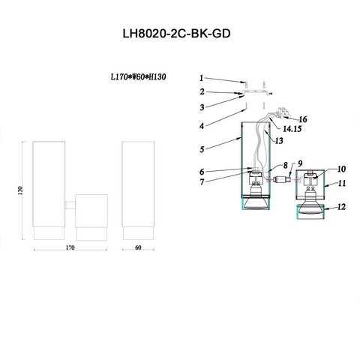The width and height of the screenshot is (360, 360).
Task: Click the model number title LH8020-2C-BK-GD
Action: (176, 34)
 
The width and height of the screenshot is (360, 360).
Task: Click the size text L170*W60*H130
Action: (138, 76)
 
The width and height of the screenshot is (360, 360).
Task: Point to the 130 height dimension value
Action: (20, 190)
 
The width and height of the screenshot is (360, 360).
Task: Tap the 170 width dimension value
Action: (70, 247)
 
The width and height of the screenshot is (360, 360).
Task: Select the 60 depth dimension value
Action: (138, 247)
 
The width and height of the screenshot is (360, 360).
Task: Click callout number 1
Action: (202, 78)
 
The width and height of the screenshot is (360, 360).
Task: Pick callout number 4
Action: (202, 126)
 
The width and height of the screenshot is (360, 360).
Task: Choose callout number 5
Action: (202, 149)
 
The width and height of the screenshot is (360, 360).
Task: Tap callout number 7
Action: (202, 182)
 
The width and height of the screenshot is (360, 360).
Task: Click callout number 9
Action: (300, 163)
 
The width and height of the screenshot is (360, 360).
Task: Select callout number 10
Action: (341, 169)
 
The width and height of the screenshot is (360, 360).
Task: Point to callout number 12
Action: (341, 207)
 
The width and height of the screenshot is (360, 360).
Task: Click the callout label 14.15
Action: (292, 129)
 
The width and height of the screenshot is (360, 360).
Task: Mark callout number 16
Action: (303, 119)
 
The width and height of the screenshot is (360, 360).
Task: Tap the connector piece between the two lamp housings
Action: (281, 179)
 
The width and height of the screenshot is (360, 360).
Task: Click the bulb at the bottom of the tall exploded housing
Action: (256, 202)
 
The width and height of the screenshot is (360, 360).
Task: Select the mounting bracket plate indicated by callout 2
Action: (255, 92)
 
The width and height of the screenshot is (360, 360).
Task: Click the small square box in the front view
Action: (91, 211)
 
